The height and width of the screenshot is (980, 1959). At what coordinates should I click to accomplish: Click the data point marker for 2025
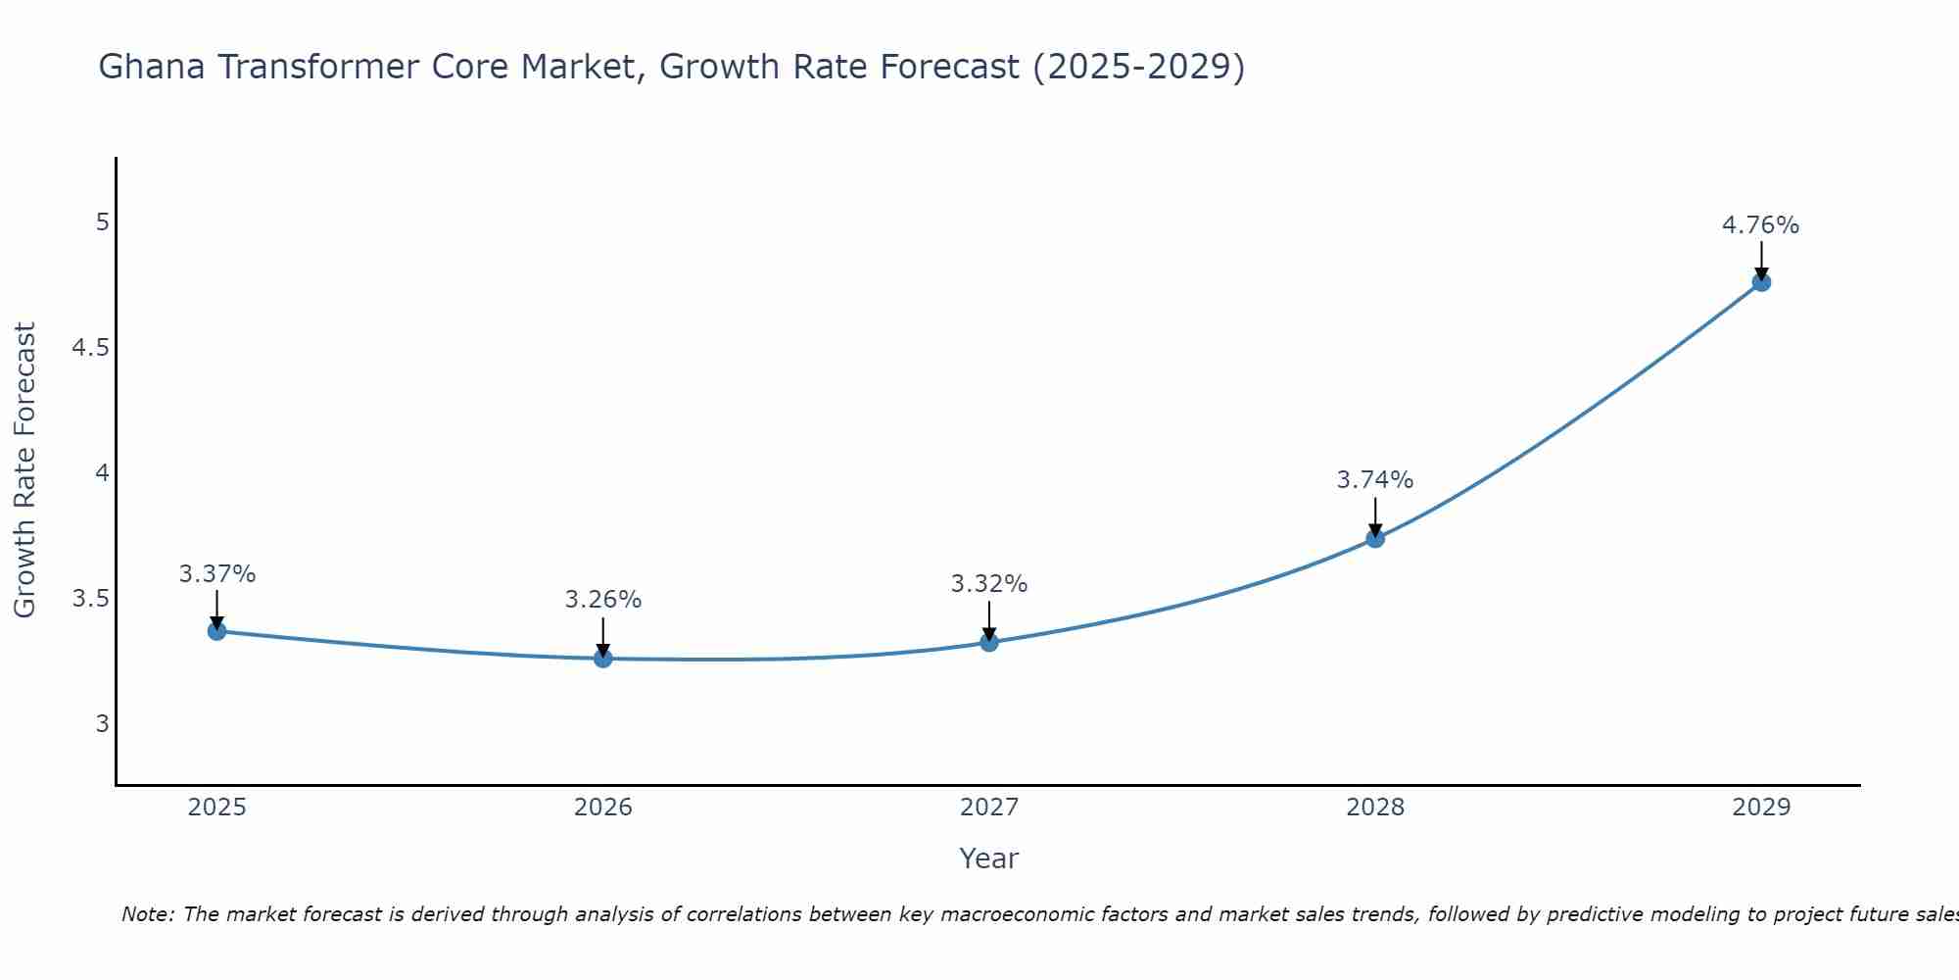click(216, 631)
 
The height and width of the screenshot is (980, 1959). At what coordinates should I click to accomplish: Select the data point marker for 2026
click(603, 659)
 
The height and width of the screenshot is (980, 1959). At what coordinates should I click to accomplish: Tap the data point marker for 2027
click(989, 643)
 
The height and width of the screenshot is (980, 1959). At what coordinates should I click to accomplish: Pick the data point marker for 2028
click(1375, 538)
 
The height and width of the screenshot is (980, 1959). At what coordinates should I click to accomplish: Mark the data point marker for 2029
click(1761, 282)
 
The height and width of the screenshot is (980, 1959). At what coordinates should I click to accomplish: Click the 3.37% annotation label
click(216, 574)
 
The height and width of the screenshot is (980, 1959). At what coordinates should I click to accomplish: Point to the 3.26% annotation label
click(603, 600)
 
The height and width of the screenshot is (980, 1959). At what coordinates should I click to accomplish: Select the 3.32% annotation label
click(989, 584)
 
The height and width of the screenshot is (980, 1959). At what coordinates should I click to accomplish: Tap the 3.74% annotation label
click(1375, 480)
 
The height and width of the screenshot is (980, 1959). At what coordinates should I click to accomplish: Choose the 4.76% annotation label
click(1761, 225)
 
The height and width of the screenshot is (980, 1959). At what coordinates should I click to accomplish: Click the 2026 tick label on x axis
click(603, 808)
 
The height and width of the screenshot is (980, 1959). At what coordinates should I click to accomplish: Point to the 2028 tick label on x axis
click(1375, 808)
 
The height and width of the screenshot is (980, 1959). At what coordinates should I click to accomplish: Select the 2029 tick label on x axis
click(1761, 808)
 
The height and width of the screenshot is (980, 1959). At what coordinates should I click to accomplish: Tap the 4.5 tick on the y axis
click(90, 348)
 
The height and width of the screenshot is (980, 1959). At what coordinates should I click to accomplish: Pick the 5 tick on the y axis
click(102, 222)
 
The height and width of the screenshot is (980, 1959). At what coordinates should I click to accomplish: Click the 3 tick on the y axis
click(102, 724)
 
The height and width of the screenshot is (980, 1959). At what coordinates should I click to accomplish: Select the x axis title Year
click(989, 858)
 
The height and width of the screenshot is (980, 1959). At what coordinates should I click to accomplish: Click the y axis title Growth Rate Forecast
click(25, 470)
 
